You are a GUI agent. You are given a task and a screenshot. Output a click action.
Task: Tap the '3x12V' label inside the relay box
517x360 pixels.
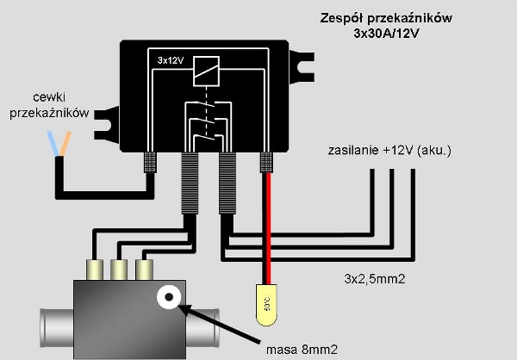tap(171, 60)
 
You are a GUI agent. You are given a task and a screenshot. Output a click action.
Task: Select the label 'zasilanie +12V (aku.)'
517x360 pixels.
tap(389, 152)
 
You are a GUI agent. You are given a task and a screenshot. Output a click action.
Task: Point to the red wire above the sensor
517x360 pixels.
tap(266, 224)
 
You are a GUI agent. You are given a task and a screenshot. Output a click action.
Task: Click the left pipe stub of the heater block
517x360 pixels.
tap(52, 326)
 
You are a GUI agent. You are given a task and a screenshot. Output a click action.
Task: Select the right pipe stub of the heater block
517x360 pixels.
tap(204, 326)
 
